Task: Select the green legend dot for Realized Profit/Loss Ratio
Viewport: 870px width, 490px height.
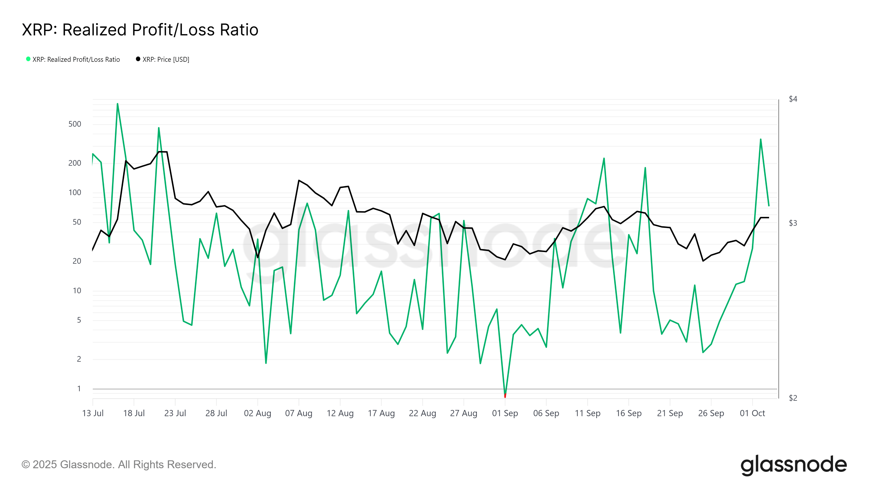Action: pyautogui.click(x=28, y=59)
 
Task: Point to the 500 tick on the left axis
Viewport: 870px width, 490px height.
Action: pyautogui.click(x=75, y=124)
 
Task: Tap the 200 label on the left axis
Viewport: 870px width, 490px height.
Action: pyautogui.click(x=75, y=163)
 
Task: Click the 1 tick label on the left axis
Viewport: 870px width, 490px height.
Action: pyautogui.click(x=79, y=388)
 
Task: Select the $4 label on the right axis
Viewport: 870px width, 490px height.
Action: pyautogui.click(x=793, y=99)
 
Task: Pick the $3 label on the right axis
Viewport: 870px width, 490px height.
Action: pyautogui.click(x=793, y=223)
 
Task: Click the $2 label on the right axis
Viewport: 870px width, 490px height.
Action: pyautogui.click(x=793, y=398)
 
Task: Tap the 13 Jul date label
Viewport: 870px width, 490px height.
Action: pyautogui.click(x=93, y=413)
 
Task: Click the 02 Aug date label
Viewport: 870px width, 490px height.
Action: pyautogui.click(x=257, y=413)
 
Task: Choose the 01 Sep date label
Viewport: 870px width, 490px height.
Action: pyautogui.click(x=505, y=413)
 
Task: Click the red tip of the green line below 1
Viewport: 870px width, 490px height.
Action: pyautogui.click(x=505, y=396)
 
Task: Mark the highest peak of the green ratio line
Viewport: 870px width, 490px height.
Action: pyautogui.click(x=117, y=104)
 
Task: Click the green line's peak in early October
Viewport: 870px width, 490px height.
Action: pyautogui.click(x=761, y=139)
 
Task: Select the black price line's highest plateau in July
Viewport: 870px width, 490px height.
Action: pyautogui.click(x=163, y=152)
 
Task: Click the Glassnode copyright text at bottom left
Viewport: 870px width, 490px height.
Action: pyautogui.click(x=119, y=464)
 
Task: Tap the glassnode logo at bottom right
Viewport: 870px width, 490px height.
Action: pyautogui.click(x=793, y=465)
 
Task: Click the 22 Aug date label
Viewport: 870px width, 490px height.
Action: pyautogui.click(x=422, y=413)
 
